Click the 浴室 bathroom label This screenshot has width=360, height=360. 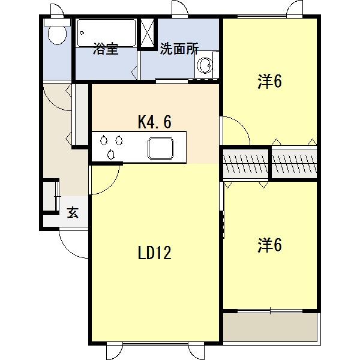(x=105, y=50)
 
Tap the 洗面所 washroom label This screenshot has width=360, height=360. (x=179, y=50)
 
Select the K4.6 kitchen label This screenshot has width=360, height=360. (x=155, y=122)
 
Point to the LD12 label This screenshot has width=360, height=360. (x=155, y=253)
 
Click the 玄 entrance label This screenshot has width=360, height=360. (x=73, y=213)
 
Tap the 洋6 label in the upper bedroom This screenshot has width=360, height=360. (x=270, y=82)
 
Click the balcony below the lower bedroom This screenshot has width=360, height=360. (x=269, y=326)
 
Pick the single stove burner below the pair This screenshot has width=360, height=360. (x=112, y=154)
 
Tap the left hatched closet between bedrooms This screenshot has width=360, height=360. (x=246, y=162)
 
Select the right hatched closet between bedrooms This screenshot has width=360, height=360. (x=293, y=162)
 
